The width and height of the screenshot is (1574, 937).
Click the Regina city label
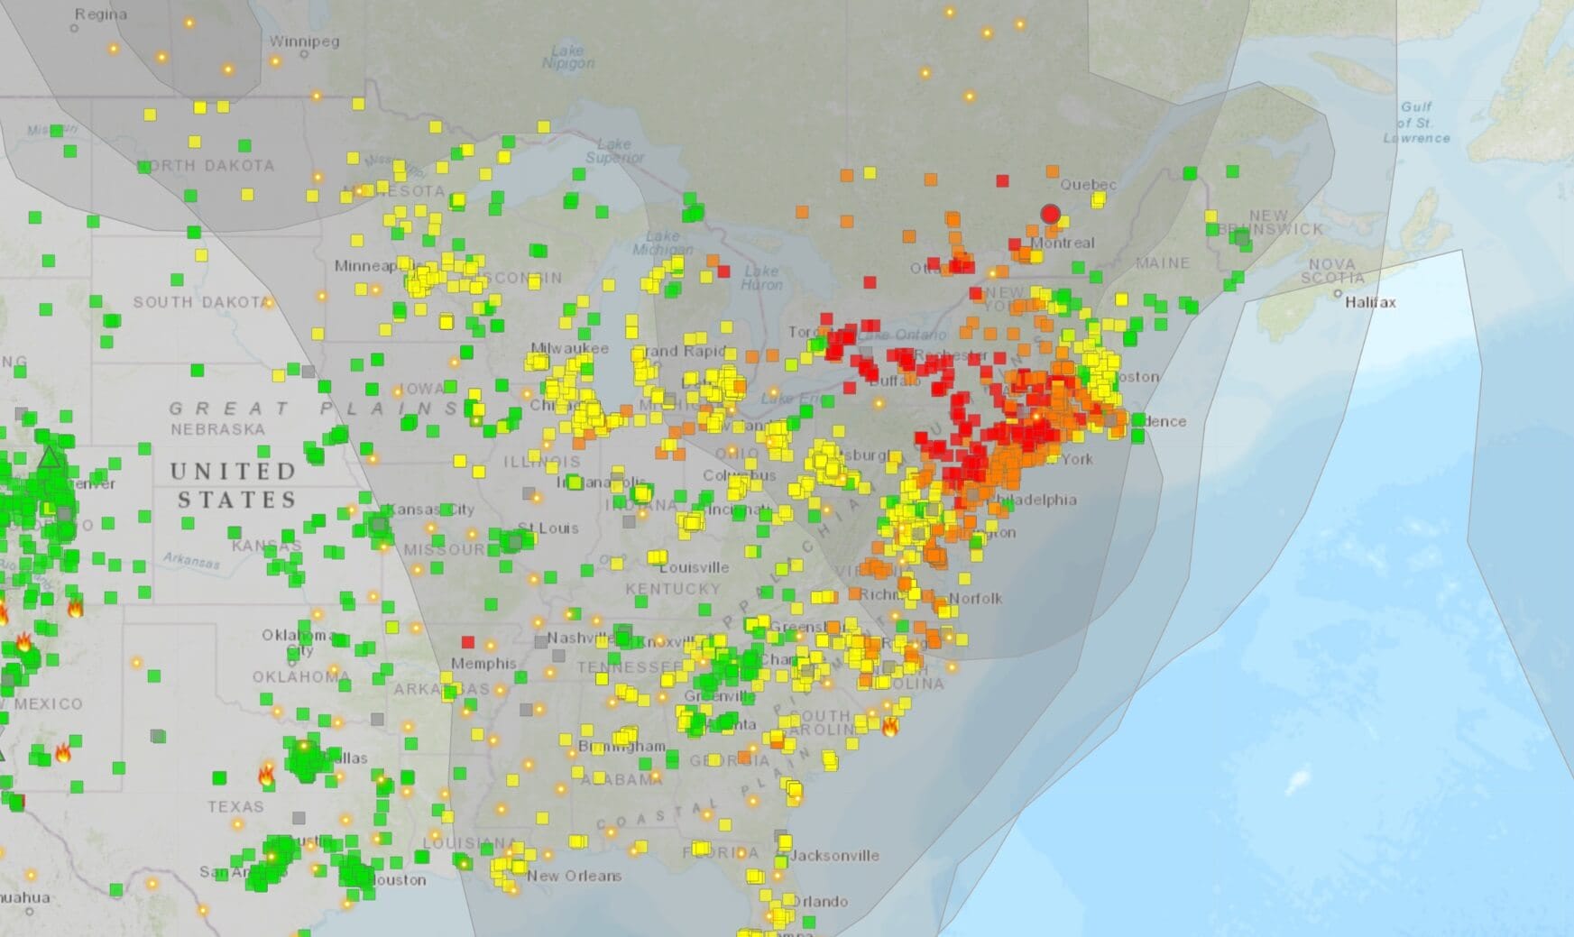click(101, 14)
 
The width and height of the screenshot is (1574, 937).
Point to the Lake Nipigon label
click(568, 56)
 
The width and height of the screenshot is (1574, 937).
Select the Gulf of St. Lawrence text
click(1416, 122)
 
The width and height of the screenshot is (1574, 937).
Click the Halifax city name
click(1370, 303)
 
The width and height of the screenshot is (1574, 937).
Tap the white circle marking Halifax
click(1338, 294)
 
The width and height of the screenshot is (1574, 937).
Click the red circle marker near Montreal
click(1050, 214)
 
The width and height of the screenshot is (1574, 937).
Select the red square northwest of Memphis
click(467, 642)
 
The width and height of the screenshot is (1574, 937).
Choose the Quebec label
click(1088, 185)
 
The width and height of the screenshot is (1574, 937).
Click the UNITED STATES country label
click(235, 485)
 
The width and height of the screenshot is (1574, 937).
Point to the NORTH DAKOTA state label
click(207, 166)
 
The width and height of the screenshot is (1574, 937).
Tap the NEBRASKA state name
click(218, 429)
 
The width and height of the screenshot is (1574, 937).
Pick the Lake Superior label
click(614, 151)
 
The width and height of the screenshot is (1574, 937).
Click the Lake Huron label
click(761, 277)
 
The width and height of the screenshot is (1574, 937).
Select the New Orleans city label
click(575, 876)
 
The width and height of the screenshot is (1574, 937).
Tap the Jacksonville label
click(835, 855)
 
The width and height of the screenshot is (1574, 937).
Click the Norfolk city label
click(975, 598)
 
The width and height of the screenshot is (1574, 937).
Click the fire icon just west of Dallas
click(267, 774)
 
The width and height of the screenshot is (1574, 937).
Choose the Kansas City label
click(430, 510)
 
